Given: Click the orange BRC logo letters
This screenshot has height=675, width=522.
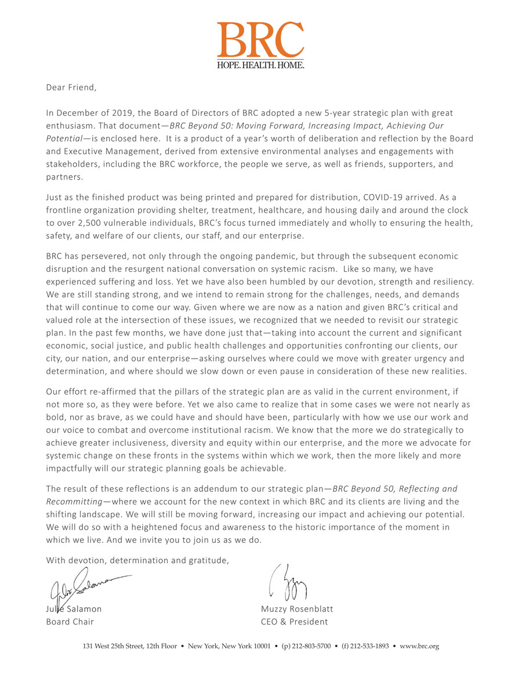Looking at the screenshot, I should pos(260,39).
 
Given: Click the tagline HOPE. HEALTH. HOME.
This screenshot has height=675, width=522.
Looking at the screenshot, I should pos(260,65).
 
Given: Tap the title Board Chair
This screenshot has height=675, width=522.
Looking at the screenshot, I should pos(70,622).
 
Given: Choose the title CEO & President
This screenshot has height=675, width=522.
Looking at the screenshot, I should pos(294,622).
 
